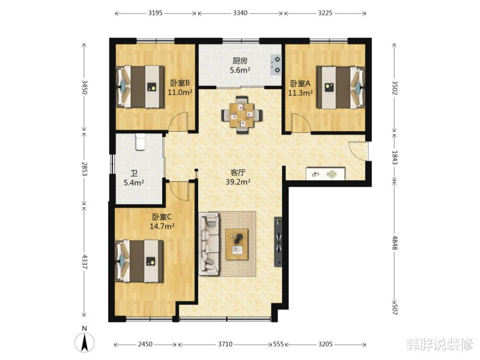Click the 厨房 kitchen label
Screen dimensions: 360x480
click(240, 61)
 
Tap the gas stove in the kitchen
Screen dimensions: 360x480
click(276, 65)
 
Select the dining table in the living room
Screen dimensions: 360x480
click(242, 115)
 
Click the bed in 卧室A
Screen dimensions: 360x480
click(340, 87)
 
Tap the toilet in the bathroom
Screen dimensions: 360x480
click(140, 142)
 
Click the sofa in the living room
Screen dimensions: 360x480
click(209, 244)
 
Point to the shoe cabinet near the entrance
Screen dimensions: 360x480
click(326, 174)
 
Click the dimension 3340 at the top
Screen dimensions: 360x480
click(240, 13)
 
